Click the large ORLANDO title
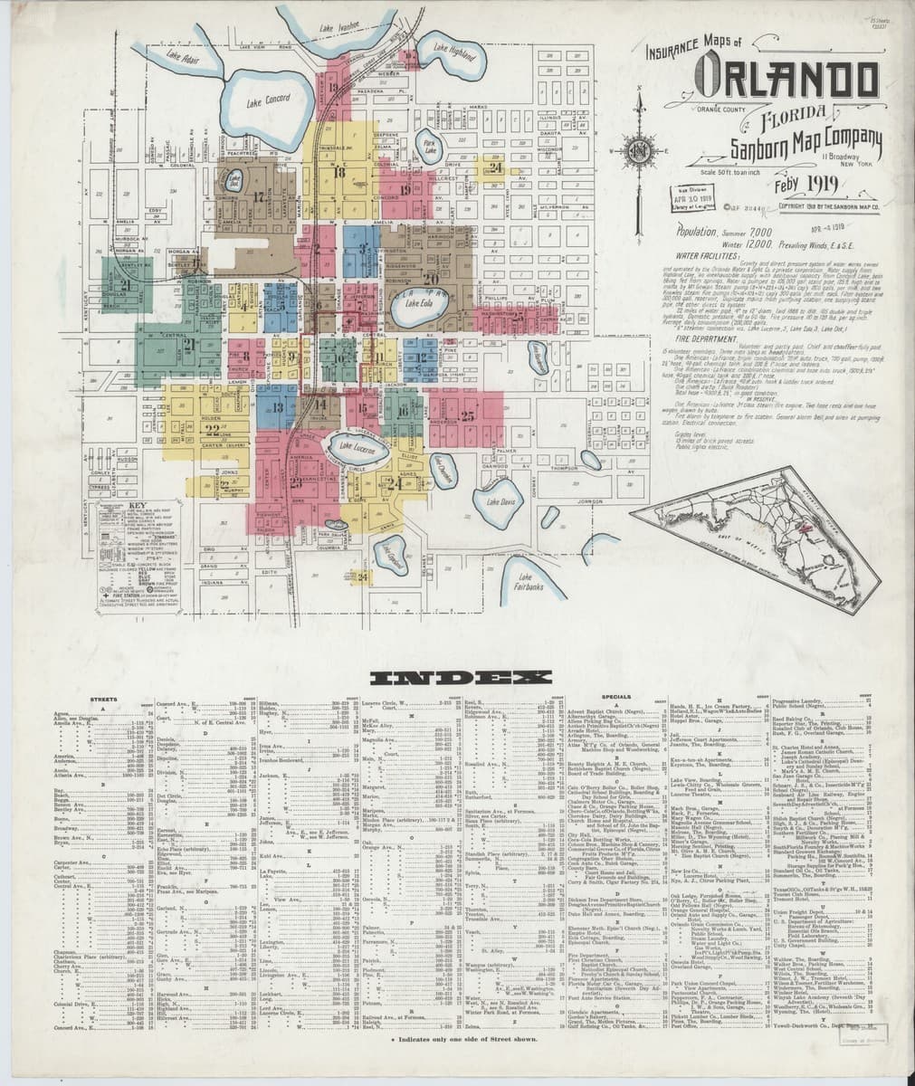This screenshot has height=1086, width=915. coord(788,85)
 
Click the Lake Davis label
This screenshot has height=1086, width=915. coord(500,501)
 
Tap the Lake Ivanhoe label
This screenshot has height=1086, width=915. coord(339,28)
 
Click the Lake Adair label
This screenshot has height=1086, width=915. coord(183,62)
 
